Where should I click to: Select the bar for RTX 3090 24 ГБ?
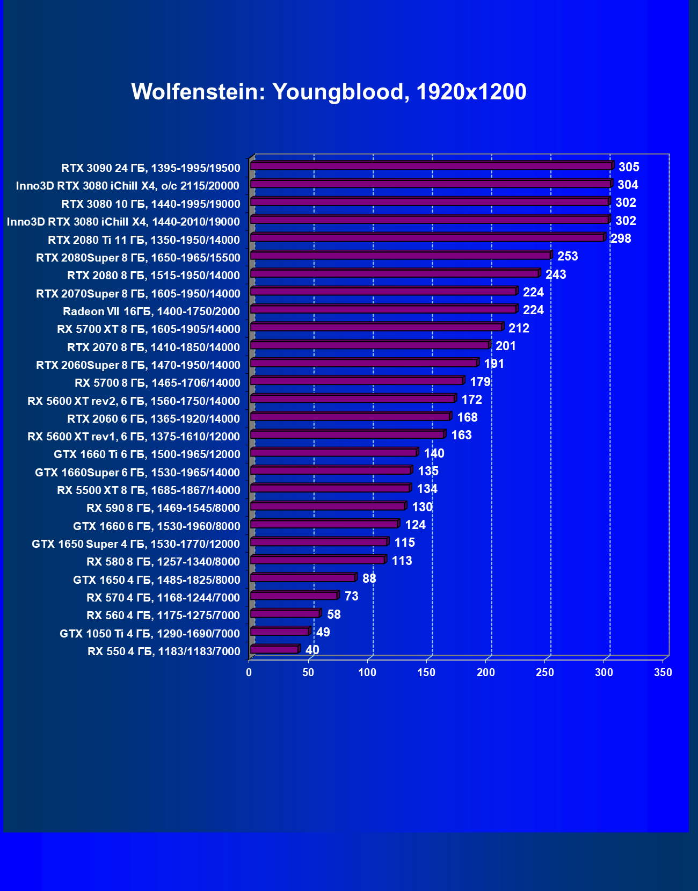click(x=431, y=166)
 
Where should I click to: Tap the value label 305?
click(x=629, y=167)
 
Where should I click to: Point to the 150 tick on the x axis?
click(x=426, y=672)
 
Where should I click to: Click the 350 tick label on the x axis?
click(x=663, y=672)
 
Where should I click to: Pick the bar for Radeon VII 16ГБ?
click(x=383, y=309)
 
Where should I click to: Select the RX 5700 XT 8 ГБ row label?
click(x=149, y=329)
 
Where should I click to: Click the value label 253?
click(x=568, y=256)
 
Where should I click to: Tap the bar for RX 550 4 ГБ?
click(x=274, y=649)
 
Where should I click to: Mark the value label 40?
click(x=312, y=650)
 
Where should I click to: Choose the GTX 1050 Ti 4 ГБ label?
click(x=150, y=634)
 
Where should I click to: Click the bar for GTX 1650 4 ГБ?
click(x=303, y=578)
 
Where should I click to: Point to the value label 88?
click(x=369, y=578)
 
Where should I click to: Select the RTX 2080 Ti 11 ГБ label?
click(x=144, y=240)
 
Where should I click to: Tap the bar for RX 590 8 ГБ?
click(x=328, y=506)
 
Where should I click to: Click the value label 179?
click(x=480, y=382)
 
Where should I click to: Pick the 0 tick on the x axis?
click(x=249, y=672)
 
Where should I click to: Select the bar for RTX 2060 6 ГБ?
click(x=350, y=417)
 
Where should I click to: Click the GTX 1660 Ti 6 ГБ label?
click(x=147, y=454)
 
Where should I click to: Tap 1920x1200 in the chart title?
click(x=471, y=92)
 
